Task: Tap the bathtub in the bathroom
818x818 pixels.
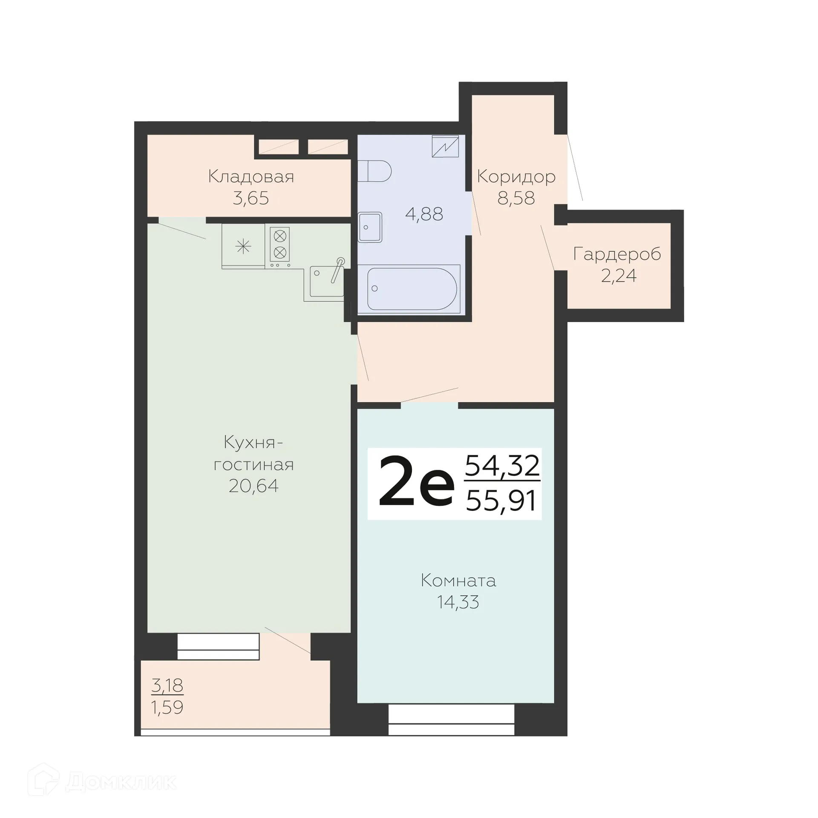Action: pos(412,288)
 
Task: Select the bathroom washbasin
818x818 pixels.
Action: pos(370,227)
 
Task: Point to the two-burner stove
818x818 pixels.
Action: pos(279,245)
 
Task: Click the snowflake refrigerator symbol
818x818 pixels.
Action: pos(243,246)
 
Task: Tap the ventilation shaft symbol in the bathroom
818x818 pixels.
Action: pos(445,146)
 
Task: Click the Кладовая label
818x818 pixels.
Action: pos(251,176)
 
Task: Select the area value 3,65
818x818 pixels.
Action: pos(251,198)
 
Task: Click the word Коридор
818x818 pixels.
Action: pos(516,176)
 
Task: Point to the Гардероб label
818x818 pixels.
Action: pos(617,254)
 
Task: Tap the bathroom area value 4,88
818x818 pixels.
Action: pos(424,214)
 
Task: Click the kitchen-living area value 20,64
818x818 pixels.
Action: pos(253,486)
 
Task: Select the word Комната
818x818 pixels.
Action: pos(458,580)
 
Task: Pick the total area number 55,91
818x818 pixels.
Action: pos(501,501)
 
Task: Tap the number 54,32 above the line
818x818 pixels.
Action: pos(502,465)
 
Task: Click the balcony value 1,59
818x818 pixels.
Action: pos(167,707)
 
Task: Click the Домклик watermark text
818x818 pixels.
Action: pos(121,782)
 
